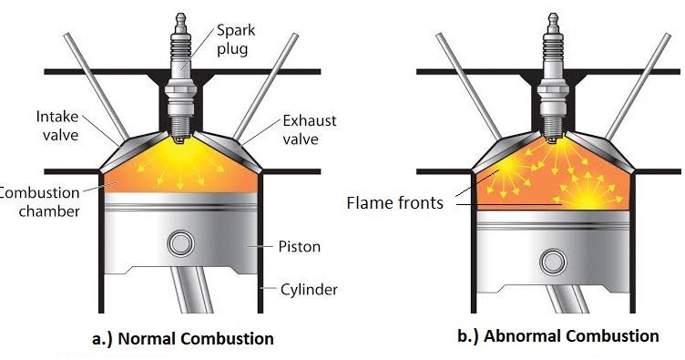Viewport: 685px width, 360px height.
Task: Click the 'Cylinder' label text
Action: [308, 290]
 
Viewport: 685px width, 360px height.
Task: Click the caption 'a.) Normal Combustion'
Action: [182, 338]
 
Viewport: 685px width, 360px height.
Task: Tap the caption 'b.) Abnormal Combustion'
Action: [557, 335]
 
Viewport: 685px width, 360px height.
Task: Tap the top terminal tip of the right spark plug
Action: [552, 15]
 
